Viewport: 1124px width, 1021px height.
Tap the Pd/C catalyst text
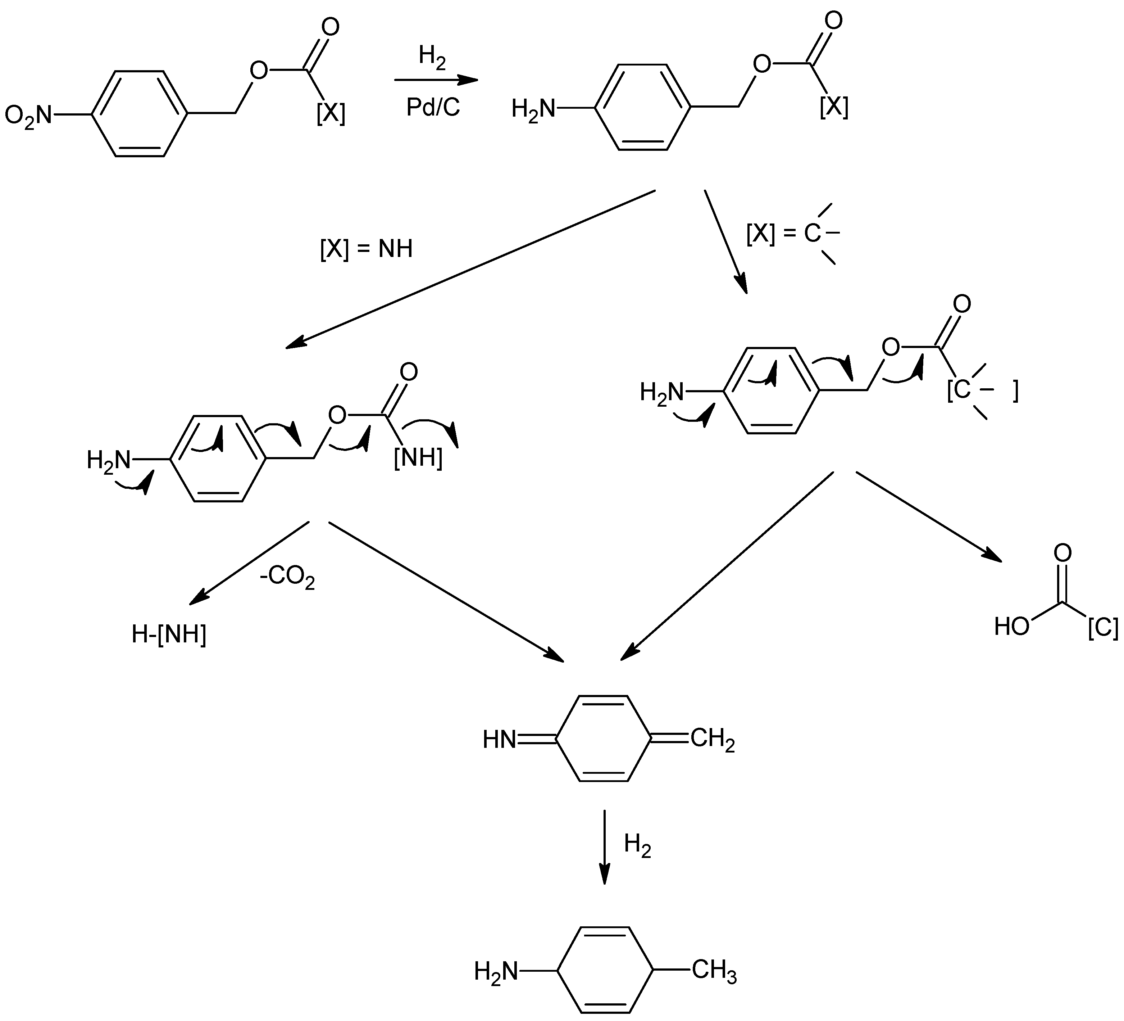(x=433, y=108)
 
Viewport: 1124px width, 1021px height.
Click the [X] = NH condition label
(x=366, y=249)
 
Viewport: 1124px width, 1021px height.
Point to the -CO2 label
(x=287, y=577)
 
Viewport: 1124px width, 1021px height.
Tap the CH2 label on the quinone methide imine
(x=713, y=740)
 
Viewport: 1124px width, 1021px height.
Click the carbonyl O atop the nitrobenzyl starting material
(x=331, y=27)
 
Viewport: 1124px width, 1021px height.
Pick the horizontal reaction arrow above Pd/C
(x=436, y=80)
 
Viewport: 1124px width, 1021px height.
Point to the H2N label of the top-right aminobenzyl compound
(x=533, y=109)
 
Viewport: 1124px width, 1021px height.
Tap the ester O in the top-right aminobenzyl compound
(x=761, y=65)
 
